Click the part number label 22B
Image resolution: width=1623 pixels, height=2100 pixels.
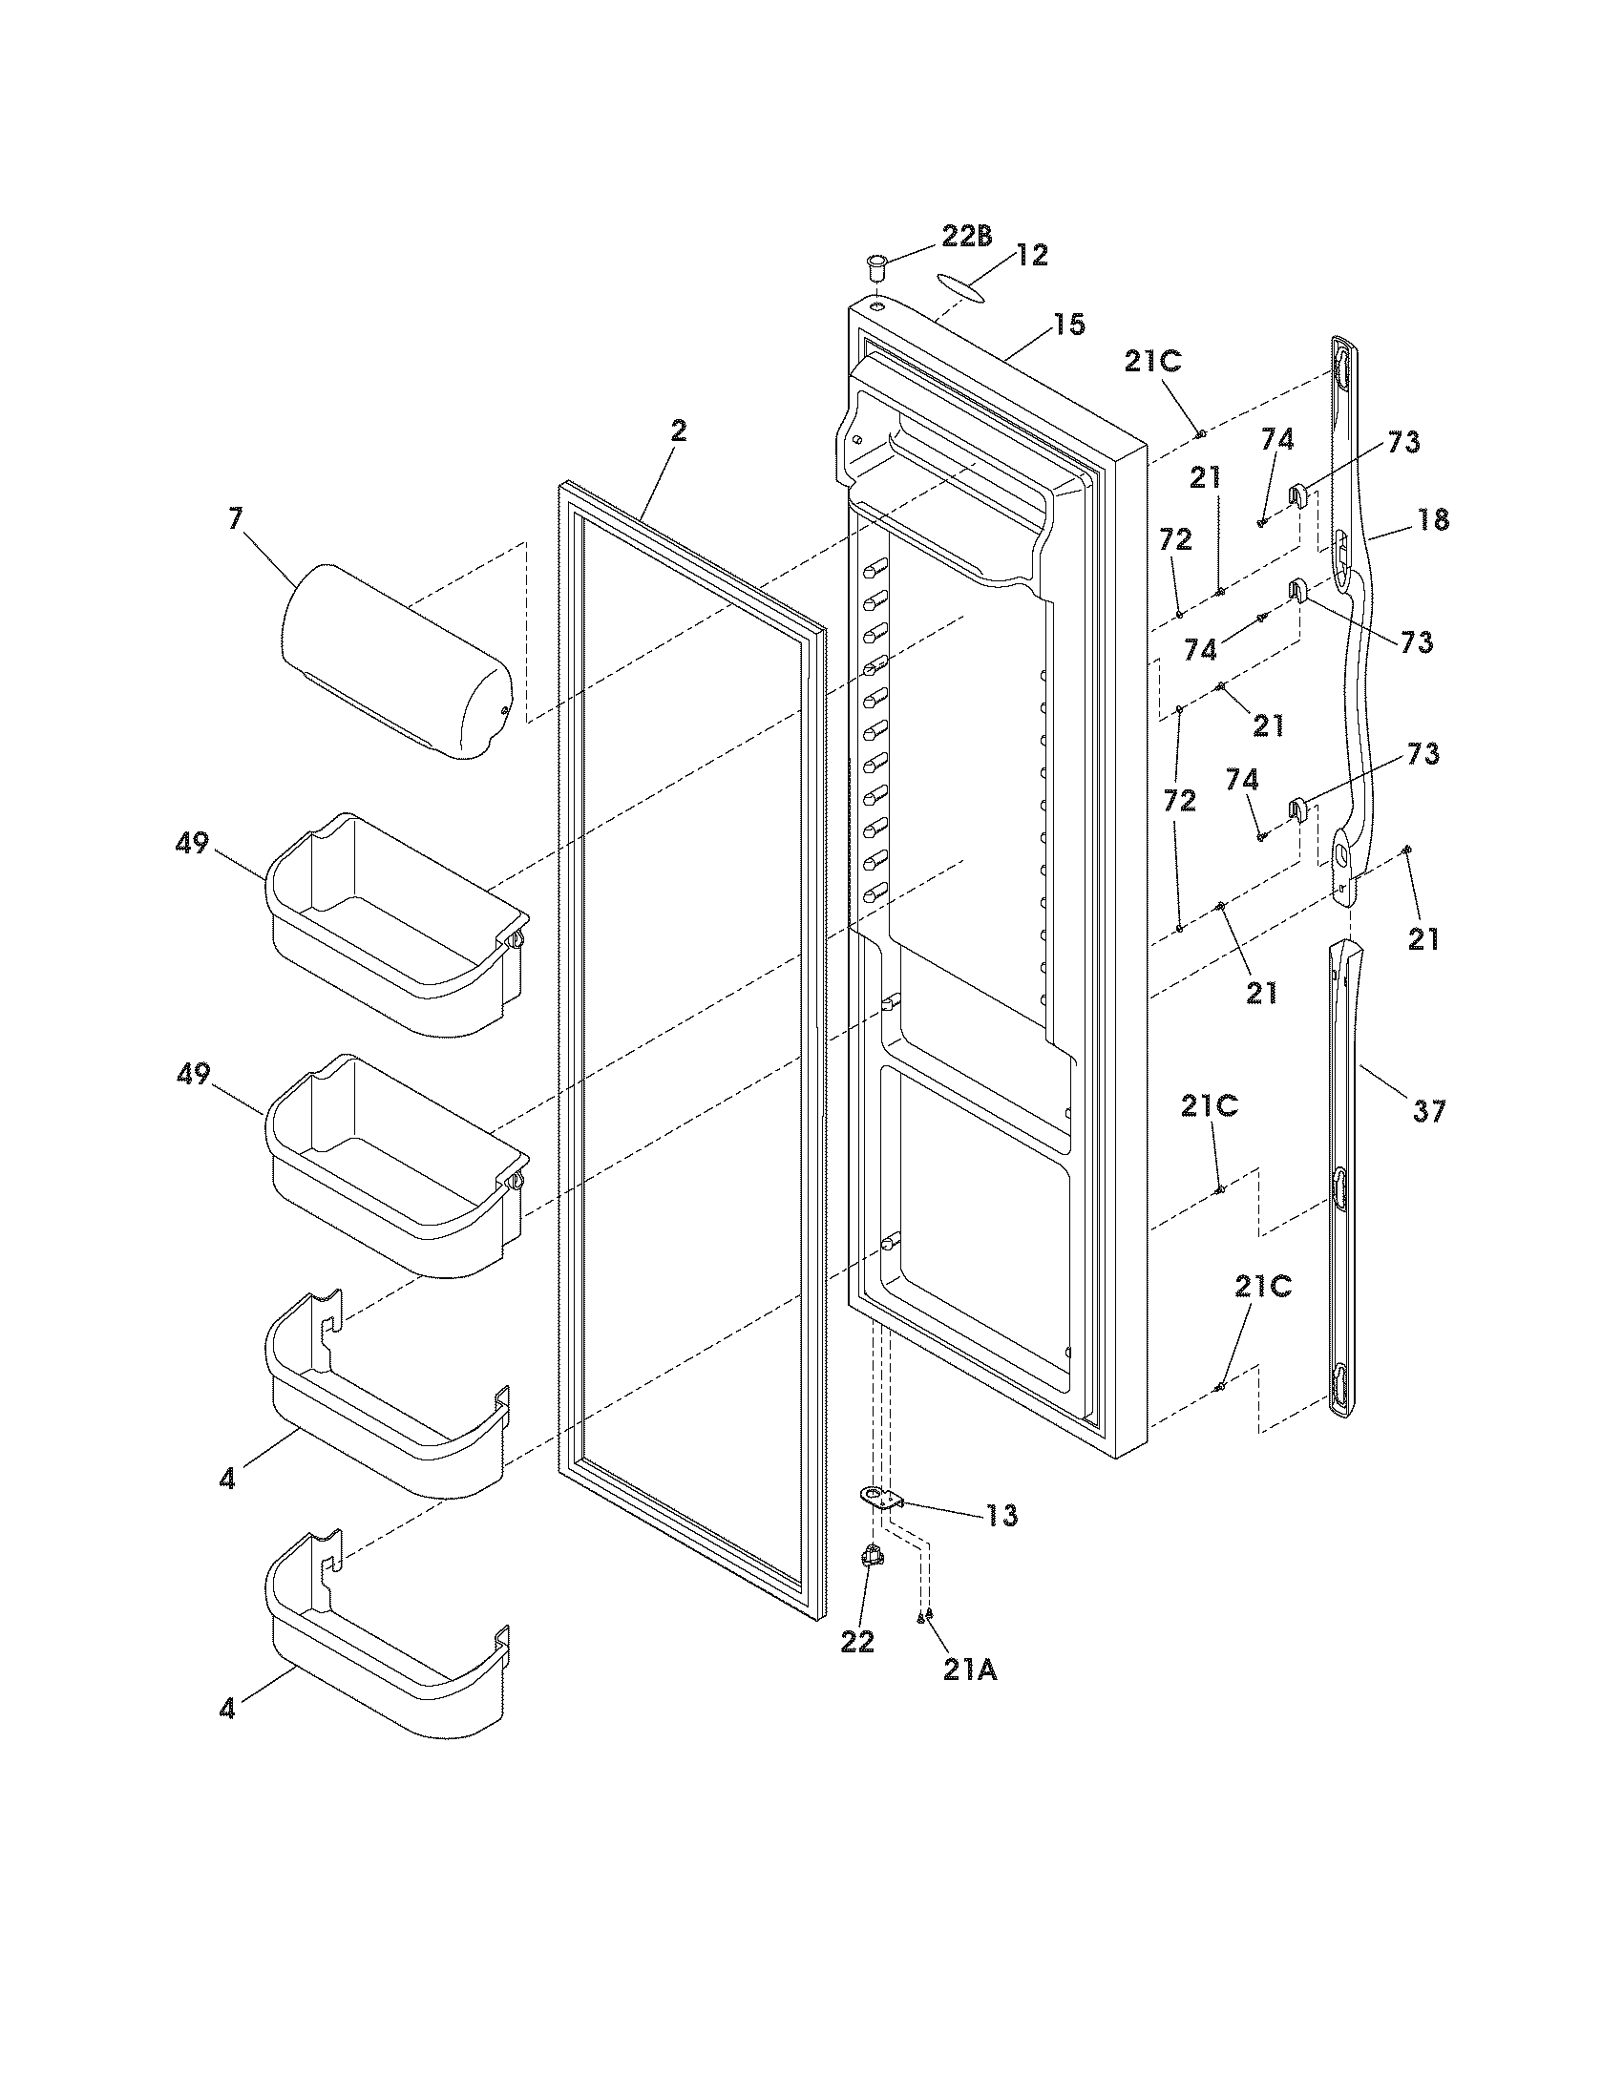[966, 238]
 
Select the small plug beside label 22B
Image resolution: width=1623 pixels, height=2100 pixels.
[876, 265]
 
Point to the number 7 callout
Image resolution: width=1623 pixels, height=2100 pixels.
[236, 519]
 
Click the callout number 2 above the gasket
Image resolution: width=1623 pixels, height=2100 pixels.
[679, 431]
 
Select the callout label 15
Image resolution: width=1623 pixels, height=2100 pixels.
[1068, 325]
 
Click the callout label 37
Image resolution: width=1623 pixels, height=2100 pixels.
[1428, 1112]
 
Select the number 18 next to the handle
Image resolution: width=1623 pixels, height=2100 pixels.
[1432, 520]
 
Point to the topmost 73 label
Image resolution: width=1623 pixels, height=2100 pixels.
[1402, 442]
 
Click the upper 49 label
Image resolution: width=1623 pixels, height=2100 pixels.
[192, 844]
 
